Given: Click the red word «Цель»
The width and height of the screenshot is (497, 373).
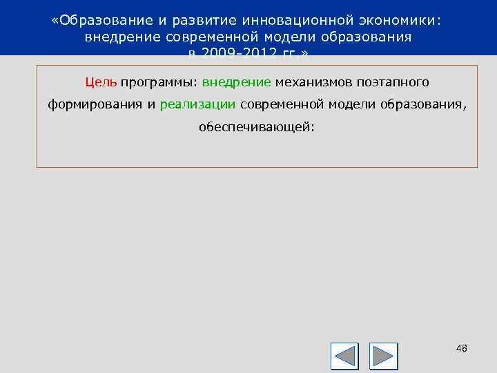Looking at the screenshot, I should click(101, 82).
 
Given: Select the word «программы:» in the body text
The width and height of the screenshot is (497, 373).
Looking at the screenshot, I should click(159, 83).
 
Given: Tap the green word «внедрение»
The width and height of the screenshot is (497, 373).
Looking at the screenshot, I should click(237, 82).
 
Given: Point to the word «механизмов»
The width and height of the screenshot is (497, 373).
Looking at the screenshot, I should click(313, 82).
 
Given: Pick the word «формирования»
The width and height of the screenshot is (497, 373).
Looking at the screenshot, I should click(95, 104).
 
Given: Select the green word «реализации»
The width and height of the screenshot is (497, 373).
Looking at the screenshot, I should click(198, 104).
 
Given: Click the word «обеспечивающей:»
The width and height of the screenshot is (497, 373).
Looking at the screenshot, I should click(256, 127).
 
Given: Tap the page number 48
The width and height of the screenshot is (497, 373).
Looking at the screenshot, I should click(462, 348).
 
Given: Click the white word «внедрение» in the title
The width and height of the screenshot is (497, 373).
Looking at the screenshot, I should click(120, 37).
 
